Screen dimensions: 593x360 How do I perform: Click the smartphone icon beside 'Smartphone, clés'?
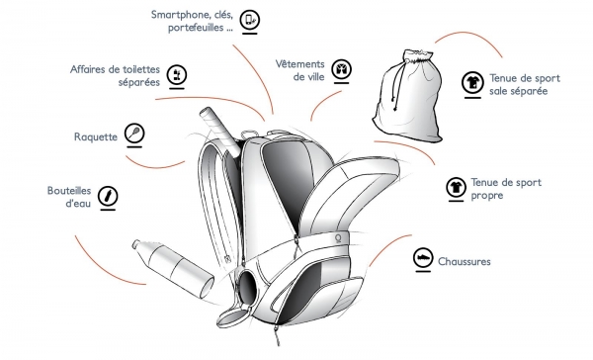(250, 19)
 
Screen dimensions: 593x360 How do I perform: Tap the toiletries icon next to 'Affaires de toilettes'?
(177, 74)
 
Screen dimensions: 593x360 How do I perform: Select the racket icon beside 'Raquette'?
(134, 133)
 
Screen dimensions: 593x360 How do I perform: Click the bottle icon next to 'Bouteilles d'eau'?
(108, 196)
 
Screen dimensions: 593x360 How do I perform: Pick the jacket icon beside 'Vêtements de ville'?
(342, 69)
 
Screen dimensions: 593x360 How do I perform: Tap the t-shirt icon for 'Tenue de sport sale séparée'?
(472, 82)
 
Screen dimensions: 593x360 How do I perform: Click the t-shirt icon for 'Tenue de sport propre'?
(456, 187)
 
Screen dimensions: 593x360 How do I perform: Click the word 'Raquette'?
(96, 136)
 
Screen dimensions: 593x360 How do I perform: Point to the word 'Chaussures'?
(465, 261)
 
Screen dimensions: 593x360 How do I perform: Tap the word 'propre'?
(487, 196)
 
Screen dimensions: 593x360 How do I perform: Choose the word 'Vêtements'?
(299, 64)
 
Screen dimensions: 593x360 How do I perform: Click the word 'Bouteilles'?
(69, 191)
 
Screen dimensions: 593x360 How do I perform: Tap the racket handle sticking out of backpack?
(220, 131)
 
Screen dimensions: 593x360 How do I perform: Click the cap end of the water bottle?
(137, 244)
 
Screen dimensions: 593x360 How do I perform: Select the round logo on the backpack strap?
(338, 238)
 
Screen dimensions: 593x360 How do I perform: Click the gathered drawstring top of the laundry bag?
(417, 55)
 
